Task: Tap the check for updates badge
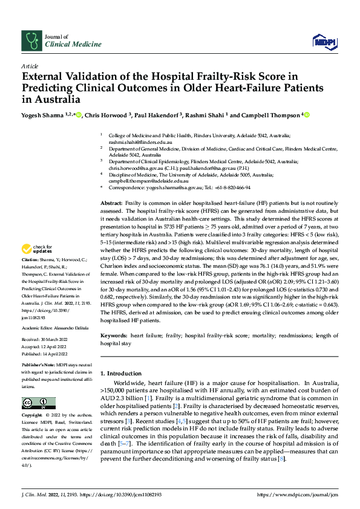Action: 37,248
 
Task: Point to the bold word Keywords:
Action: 113,335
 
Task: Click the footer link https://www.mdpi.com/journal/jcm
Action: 298,494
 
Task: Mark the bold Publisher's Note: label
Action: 38,366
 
